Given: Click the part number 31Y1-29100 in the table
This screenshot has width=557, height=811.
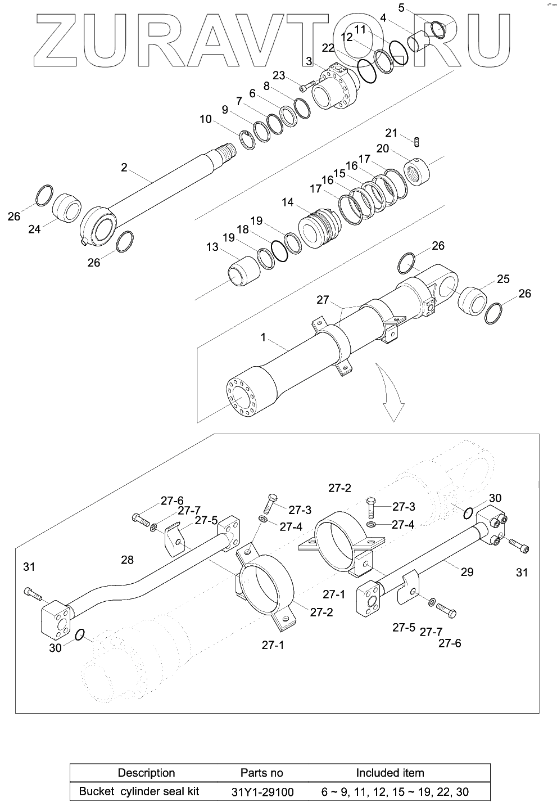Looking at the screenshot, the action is point(262,792).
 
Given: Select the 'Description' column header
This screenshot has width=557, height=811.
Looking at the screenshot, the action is point(146,773).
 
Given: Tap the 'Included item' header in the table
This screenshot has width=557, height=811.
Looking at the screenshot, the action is point(390,773).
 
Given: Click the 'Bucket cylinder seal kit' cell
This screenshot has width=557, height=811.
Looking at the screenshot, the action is point(139,792).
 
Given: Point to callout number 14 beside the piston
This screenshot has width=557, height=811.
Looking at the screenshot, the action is point(288,202).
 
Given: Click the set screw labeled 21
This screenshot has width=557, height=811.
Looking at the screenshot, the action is point(416,142).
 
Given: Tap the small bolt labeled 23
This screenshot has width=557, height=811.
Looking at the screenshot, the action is point(305,87).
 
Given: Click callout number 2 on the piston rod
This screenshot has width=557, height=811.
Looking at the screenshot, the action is point(124,167).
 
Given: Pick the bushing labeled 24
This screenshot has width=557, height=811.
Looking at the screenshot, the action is point(67,208).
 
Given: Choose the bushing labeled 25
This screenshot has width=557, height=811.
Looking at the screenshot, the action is point(472,300).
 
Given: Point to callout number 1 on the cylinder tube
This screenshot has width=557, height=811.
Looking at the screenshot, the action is point(263,337).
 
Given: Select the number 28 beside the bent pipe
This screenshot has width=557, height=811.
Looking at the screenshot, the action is point(128,560).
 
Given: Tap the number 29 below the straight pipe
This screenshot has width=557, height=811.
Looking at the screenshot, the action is point(467,572).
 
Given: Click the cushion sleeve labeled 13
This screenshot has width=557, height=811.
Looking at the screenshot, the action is point(244,271).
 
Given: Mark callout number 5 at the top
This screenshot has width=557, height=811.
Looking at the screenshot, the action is point(401,8).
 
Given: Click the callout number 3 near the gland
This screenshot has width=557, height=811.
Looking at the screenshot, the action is point(309,61).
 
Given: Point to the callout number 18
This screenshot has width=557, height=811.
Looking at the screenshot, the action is point(242,229).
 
